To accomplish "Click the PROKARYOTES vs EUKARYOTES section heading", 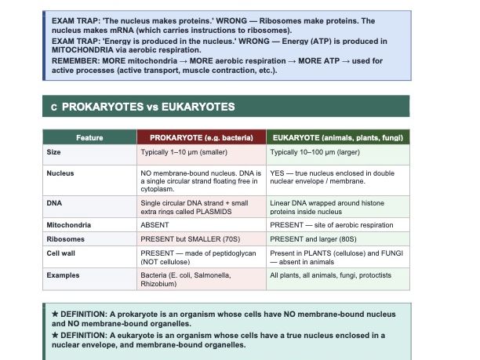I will coord(148,106).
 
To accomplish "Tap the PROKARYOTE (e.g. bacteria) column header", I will coord(201,138).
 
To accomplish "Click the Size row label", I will coord(54,151).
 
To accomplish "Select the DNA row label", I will coord(54,203).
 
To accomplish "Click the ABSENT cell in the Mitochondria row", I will coord(154,224).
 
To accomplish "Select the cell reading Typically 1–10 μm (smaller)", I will coord(184,151).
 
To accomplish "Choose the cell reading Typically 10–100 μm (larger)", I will coord(315,151).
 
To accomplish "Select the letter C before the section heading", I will coord(53,107).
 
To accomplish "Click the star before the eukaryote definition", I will coord(55,335).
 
